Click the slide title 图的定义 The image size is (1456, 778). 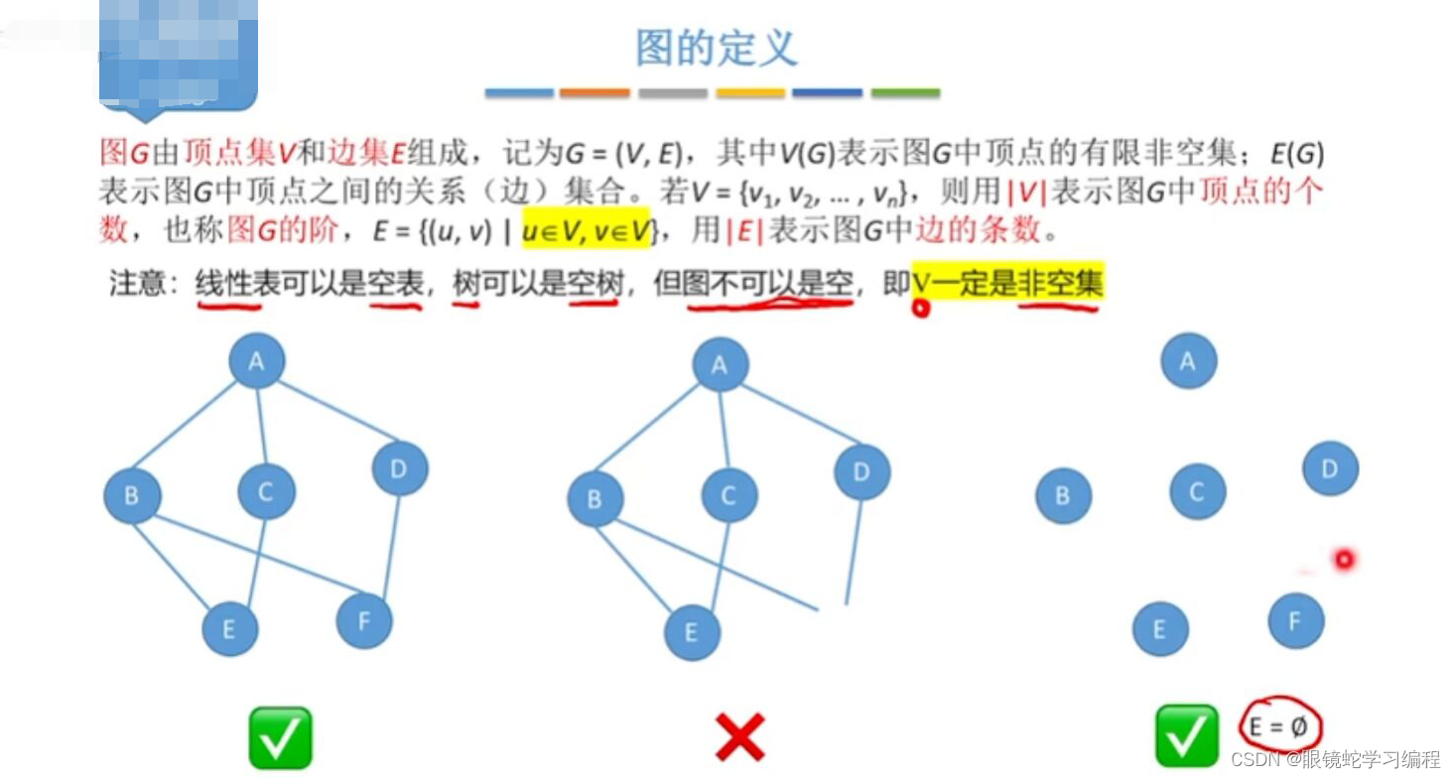(717, 48)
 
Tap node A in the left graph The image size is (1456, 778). (257, 361)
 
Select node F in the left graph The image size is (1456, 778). (364, 621)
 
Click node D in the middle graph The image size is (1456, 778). (861, 472)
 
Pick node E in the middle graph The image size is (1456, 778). (692, 632)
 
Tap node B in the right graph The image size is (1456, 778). (1063, 496)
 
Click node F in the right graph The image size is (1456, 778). (1295, 621)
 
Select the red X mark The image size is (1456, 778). (739, 738)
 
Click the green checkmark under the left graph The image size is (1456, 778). (280, 737)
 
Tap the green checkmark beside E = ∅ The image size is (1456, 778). (1186, 736)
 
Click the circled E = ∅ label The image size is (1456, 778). (1279, 728)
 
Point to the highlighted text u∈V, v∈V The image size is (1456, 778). (585, 231)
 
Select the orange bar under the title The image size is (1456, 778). (595, 93)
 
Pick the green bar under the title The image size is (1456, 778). (905, 93)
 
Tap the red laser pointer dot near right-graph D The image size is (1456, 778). (1344, 561)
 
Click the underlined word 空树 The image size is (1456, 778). (595, 285)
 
